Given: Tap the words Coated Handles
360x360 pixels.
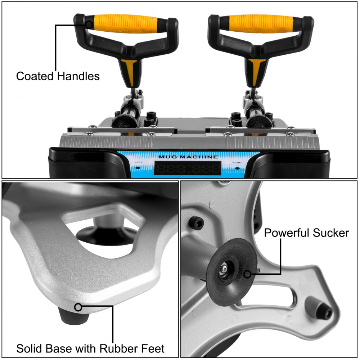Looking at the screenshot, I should tap(58, 76).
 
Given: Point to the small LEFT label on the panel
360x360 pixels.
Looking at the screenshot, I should tap(138, 162).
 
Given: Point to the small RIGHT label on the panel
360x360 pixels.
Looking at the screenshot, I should tap(237, 162).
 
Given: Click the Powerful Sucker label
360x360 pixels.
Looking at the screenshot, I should tap(306, 233).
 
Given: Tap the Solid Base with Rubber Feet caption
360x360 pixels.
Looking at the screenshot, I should tap(90, 348).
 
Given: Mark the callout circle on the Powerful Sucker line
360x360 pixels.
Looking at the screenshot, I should tap(247, 274).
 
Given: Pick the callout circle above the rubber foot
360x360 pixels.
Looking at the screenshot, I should tap(78, 307).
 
